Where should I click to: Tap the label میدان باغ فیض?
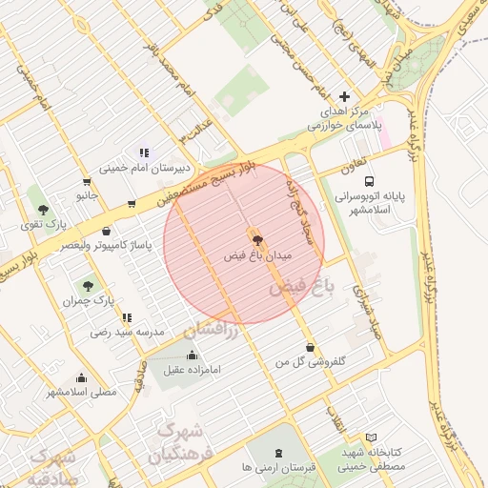click(256, 256)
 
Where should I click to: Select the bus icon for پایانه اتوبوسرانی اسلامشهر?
click(370, 179)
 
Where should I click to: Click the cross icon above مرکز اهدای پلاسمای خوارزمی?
click(344, 96)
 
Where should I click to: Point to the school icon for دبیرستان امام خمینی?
click(144, 152)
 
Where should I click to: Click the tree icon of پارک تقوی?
click(43, 208)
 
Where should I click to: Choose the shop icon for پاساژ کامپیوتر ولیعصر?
click(105, 231)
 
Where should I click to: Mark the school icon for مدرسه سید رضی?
click(127, 317)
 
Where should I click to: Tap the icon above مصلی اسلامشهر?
click(82, 377)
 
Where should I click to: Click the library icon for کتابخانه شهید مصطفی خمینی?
click(371, 437)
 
